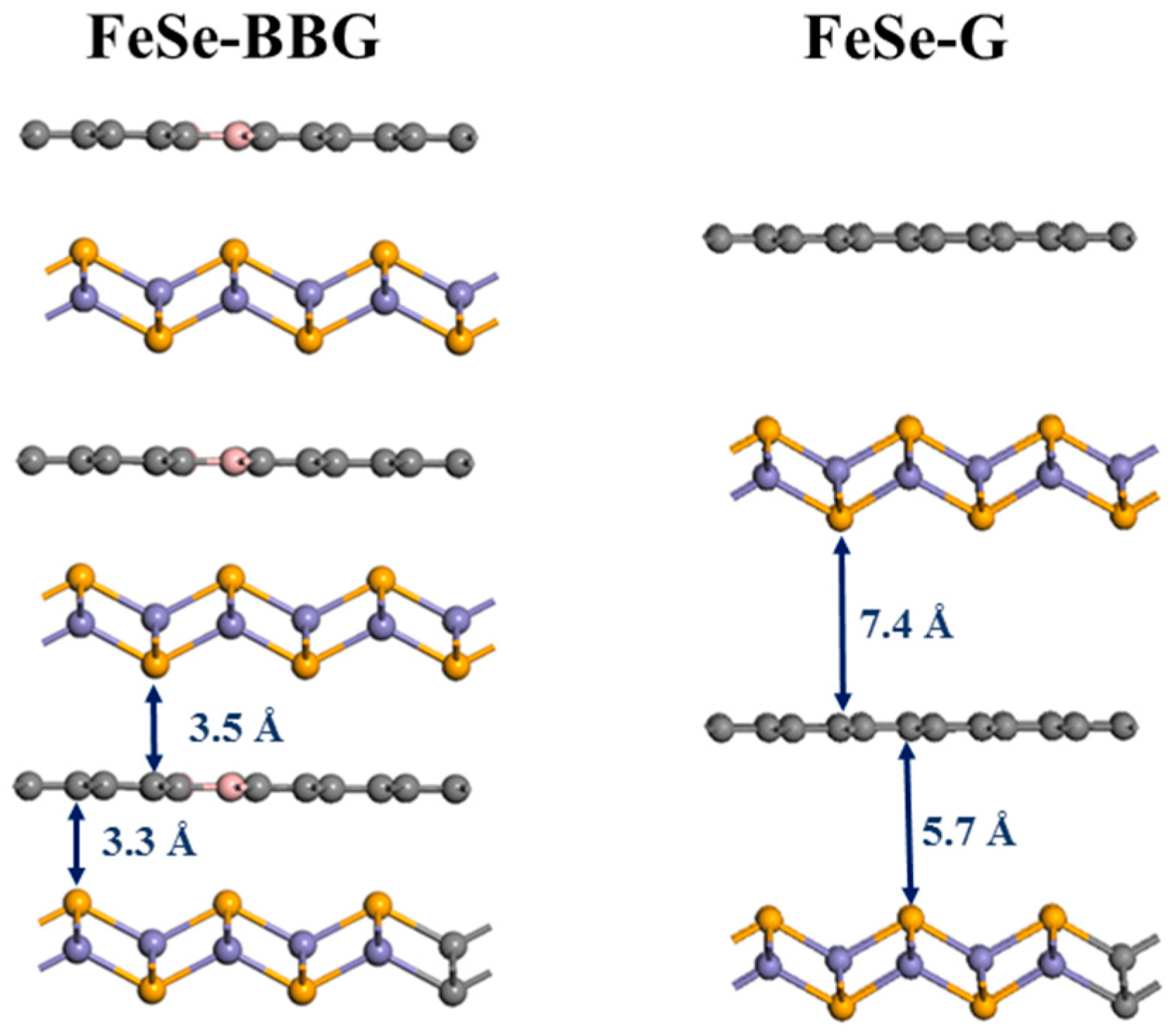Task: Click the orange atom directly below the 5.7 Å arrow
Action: (909, 918)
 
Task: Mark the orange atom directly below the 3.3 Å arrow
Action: (77, 902)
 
